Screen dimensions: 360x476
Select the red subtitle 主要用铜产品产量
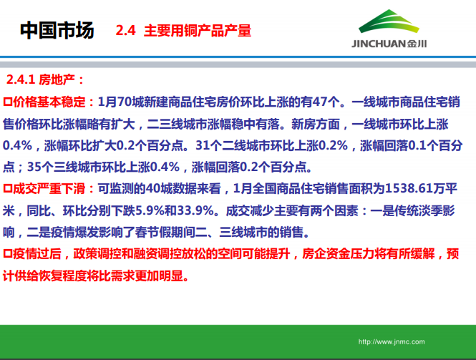pos(198,32)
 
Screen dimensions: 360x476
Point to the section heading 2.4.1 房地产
pos(46,79)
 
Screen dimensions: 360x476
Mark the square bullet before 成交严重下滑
pos(8,189)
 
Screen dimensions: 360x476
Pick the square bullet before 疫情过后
pos(8,254)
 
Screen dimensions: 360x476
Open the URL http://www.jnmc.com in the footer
pos(392,342)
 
